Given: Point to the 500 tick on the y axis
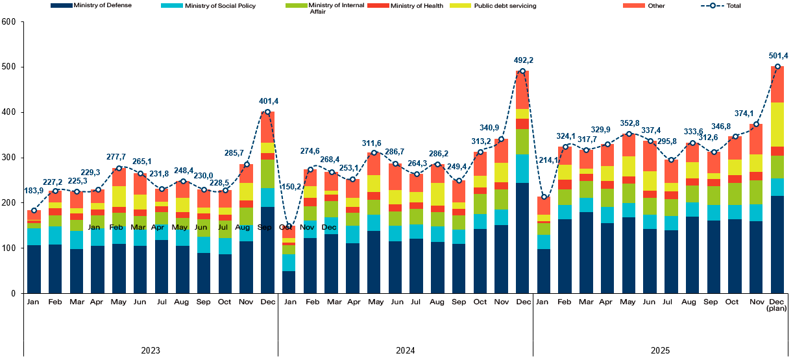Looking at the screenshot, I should (x=8, y=67).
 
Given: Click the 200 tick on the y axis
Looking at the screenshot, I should (x=8, y=203).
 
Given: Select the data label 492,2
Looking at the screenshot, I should (x=522, y=60).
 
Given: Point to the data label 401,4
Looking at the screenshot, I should (x=267, y=101).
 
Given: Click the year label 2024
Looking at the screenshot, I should (x=406, y=350).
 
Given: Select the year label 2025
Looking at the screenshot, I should (x=661, y=350).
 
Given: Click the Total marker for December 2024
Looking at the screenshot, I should (x=522, y=71).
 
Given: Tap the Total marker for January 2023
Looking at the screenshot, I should (x=34, y=210).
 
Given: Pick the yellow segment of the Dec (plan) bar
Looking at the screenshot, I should (x=777, y=124).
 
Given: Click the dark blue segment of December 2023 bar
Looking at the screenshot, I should (x=267, y=250).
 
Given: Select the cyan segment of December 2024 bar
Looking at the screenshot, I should (x=522, y=168).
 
